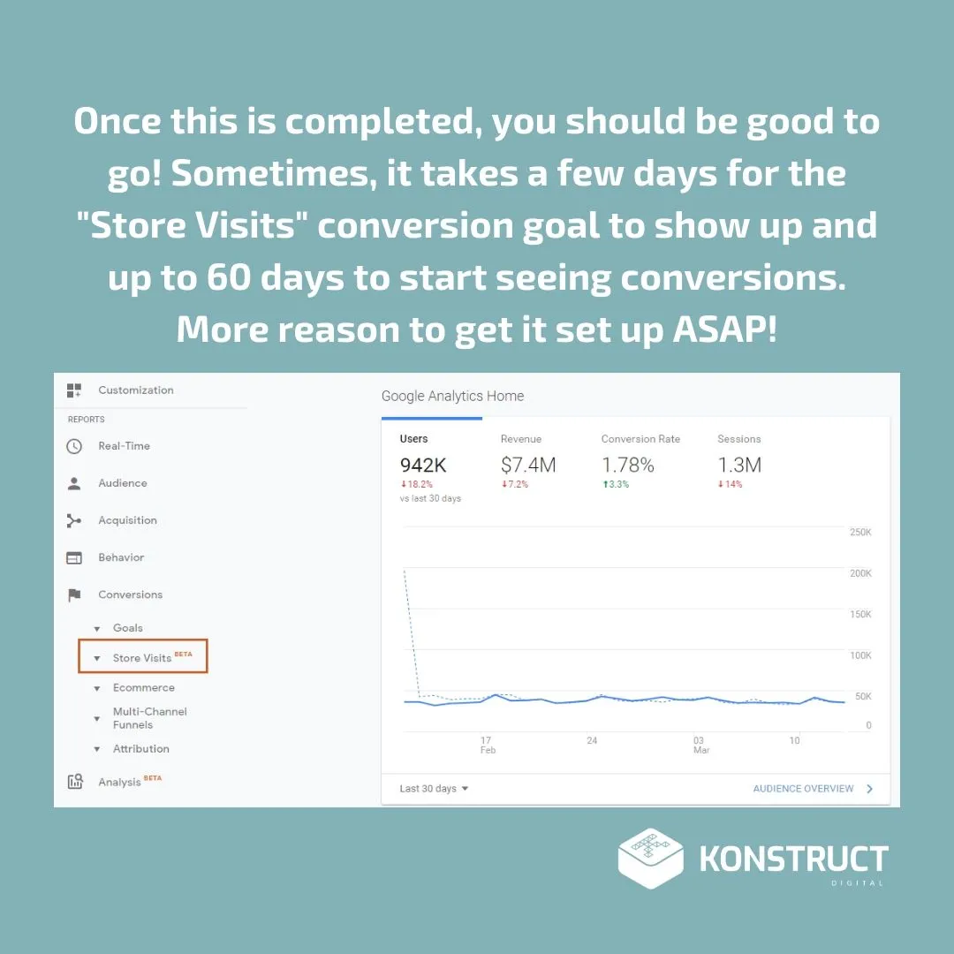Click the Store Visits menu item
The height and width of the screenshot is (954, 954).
[141, 658]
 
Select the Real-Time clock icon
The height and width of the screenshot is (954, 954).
[74, 446]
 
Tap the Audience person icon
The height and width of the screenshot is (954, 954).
[74, 484]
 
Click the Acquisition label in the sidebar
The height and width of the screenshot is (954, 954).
[128, 520]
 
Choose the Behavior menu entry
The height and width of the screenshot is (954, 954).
[121, 557]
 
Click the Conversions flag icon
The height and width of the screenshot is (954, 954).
[74, 594]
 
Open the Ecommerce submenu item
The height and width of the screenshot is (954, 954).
[144, 687]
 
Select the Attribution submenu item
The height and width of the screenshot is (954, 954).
[141, 749]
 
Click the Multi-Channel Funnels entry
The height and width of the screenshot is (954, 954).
[149, 718]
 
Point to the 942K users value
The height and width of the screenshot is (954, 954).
[423, 466]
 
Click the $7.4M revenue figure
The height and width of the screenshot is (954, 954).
[528, 466]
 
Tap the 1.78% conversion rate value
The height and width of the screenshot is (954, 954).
[628, 466]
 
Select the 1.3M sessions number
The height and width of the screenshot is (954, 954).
[739, 466]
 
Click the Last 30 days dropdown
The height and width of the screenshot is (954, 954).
[434, 789]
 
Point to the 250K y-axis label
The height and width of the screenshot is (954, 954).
[860, 533]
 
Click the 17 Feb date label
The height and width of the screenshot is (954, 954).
[488, 746]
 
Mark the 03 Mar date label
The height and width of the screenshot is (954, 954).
[700, 746]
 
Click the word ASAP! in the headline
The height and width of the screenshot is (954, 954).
[724, 329]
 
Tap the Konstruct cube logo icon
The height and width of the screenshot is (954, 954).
[650, 859]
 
